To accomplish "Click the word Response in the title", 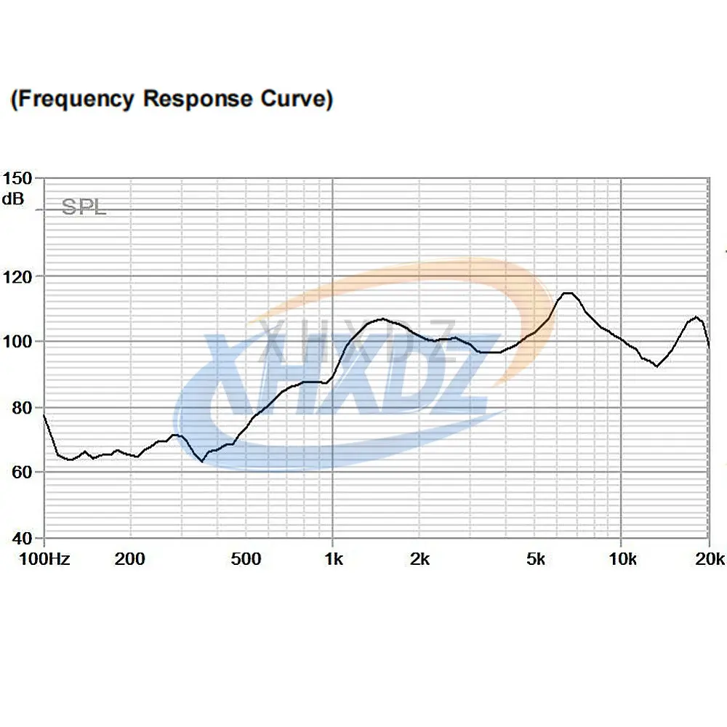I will tap(198, 99).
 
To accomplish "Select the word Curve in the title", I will tap(294, 99).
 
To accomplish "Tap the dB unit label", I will tap(12, 198).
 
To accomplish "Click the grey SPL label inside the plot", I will tap(84, 207).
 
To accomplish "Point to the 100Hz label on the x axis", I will tap(44, 559).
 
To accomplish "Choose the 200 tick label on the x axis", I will tap(130, 559).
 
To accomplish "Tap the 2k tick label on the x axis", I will tap(419, 559).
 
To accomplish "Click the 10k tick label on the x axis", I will tap(622, 559).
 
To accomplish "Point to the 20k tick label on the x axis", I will tap(710, 559).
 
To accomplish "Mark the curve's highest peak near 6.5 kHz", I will tap(568, 293).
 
